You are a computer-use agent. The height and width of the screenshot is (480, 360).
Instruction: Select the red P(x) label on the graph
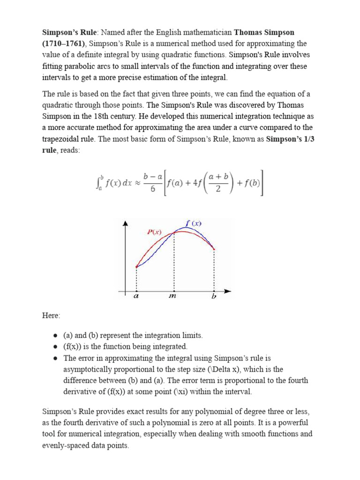pyautogui.click(x=154, y=232)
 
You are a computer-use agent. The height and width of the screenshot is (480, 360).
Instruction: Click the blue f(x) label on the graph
pyautogui.click(x=193, y=223)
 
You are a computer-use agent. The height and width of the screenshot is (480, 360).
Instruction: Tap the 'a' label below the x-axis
pyautogui.click(x=136, y=296)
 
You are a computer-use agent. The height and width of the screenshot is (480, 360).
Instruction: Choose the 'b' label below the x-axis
pyautogui.click(x=214, y=296)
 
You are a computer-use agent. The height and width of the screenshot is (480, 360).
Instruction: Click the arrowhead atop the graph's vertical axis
pyautogui.click(x=125, y=223)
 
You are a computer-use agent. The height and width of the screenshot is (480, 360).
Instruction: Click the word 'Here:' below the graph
pyautogui.click(x=52, y=316)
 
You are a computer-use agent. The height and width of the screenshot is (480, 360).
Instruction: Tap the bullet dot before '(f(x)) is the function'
pyautogui.click(x=55, y=347)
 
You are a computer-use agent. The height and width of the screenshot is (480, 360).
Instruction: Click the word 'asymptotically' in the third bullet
pyautogui.click(x=88, y=369)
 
